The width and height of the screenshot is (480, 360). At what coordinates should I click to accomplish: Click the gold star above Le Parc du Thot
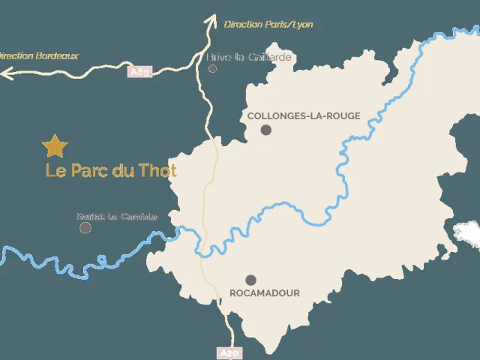[55, 145]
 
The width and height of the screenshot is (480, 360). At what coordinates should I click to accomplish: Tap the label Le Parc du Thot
[111, 171]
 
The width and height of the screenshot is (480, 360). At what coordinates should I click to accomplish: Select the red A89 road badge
[139, 72]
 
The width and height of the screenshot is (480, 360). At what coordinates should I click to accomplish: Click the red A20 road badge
[229, 352]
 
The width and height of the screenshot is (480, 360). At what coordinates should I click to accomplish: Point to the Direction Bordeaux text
[37, 55]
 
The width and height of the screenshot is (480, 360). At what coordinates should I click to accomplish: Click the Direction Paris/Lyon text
[268, 25]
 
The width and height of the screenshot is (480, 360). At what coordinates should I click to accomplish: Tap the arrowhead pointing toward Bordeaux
[6, 73]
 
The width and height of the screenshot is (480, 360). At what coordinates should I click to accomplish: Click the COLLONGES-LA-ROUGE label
[304, 116]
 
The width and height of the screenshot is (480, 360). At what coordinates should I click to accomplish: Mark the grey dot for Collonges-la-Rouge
[265, 130]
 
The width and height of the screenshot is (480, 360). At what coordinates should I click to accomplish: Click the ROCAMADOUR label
[265, 293]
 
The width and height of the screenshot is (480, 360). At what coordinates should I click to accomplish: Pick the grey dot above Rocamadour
[250, 280]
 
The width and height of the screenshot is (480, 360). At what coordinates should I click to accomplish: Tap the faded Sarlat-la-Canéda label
[117, 217]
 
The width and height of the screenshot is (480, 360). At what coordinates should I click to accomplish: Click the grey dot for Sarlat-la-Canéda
[85, 227]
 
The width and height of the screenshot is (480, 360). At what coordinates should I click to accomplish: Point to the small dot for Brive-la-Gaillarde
[212, 68]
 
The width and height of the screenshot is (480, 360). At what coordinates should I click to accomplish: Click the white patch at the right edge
[466, 232]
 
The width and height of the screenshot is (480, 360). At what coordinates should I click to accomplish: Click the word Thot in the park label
[158, 171]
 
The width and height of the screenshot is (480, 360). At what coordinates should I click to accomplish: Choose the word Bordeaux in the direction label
[57, 55]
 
